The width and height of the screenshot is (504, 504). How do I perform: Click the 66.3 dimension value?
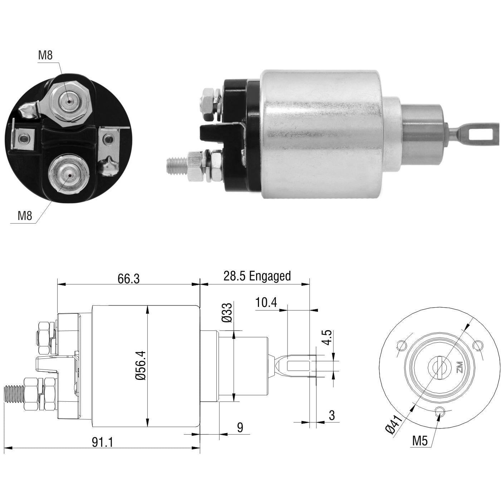pyautogui.click(x=128, y=279)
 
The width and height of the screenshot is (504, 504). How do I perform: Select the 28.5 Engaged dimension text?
pyautogui.click(x=257, y=276)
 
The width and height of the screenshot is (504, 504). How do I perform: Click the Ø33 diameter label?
pyautogui.click(x=226, y=313)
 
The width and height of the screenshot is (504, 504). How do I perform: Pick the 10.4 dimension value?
pyautogui.click(x=266, y=303)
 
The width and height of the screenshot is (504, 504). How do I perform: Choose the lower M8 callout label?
pyautogui.click(x=25, y=215)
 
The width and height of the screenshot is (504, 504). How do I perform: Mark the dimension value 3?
pyautogui.click(x=332, y=408)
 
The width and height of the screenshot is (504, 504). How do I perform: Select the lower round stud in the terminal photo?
pyautogui.click(x=69, y=176)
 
